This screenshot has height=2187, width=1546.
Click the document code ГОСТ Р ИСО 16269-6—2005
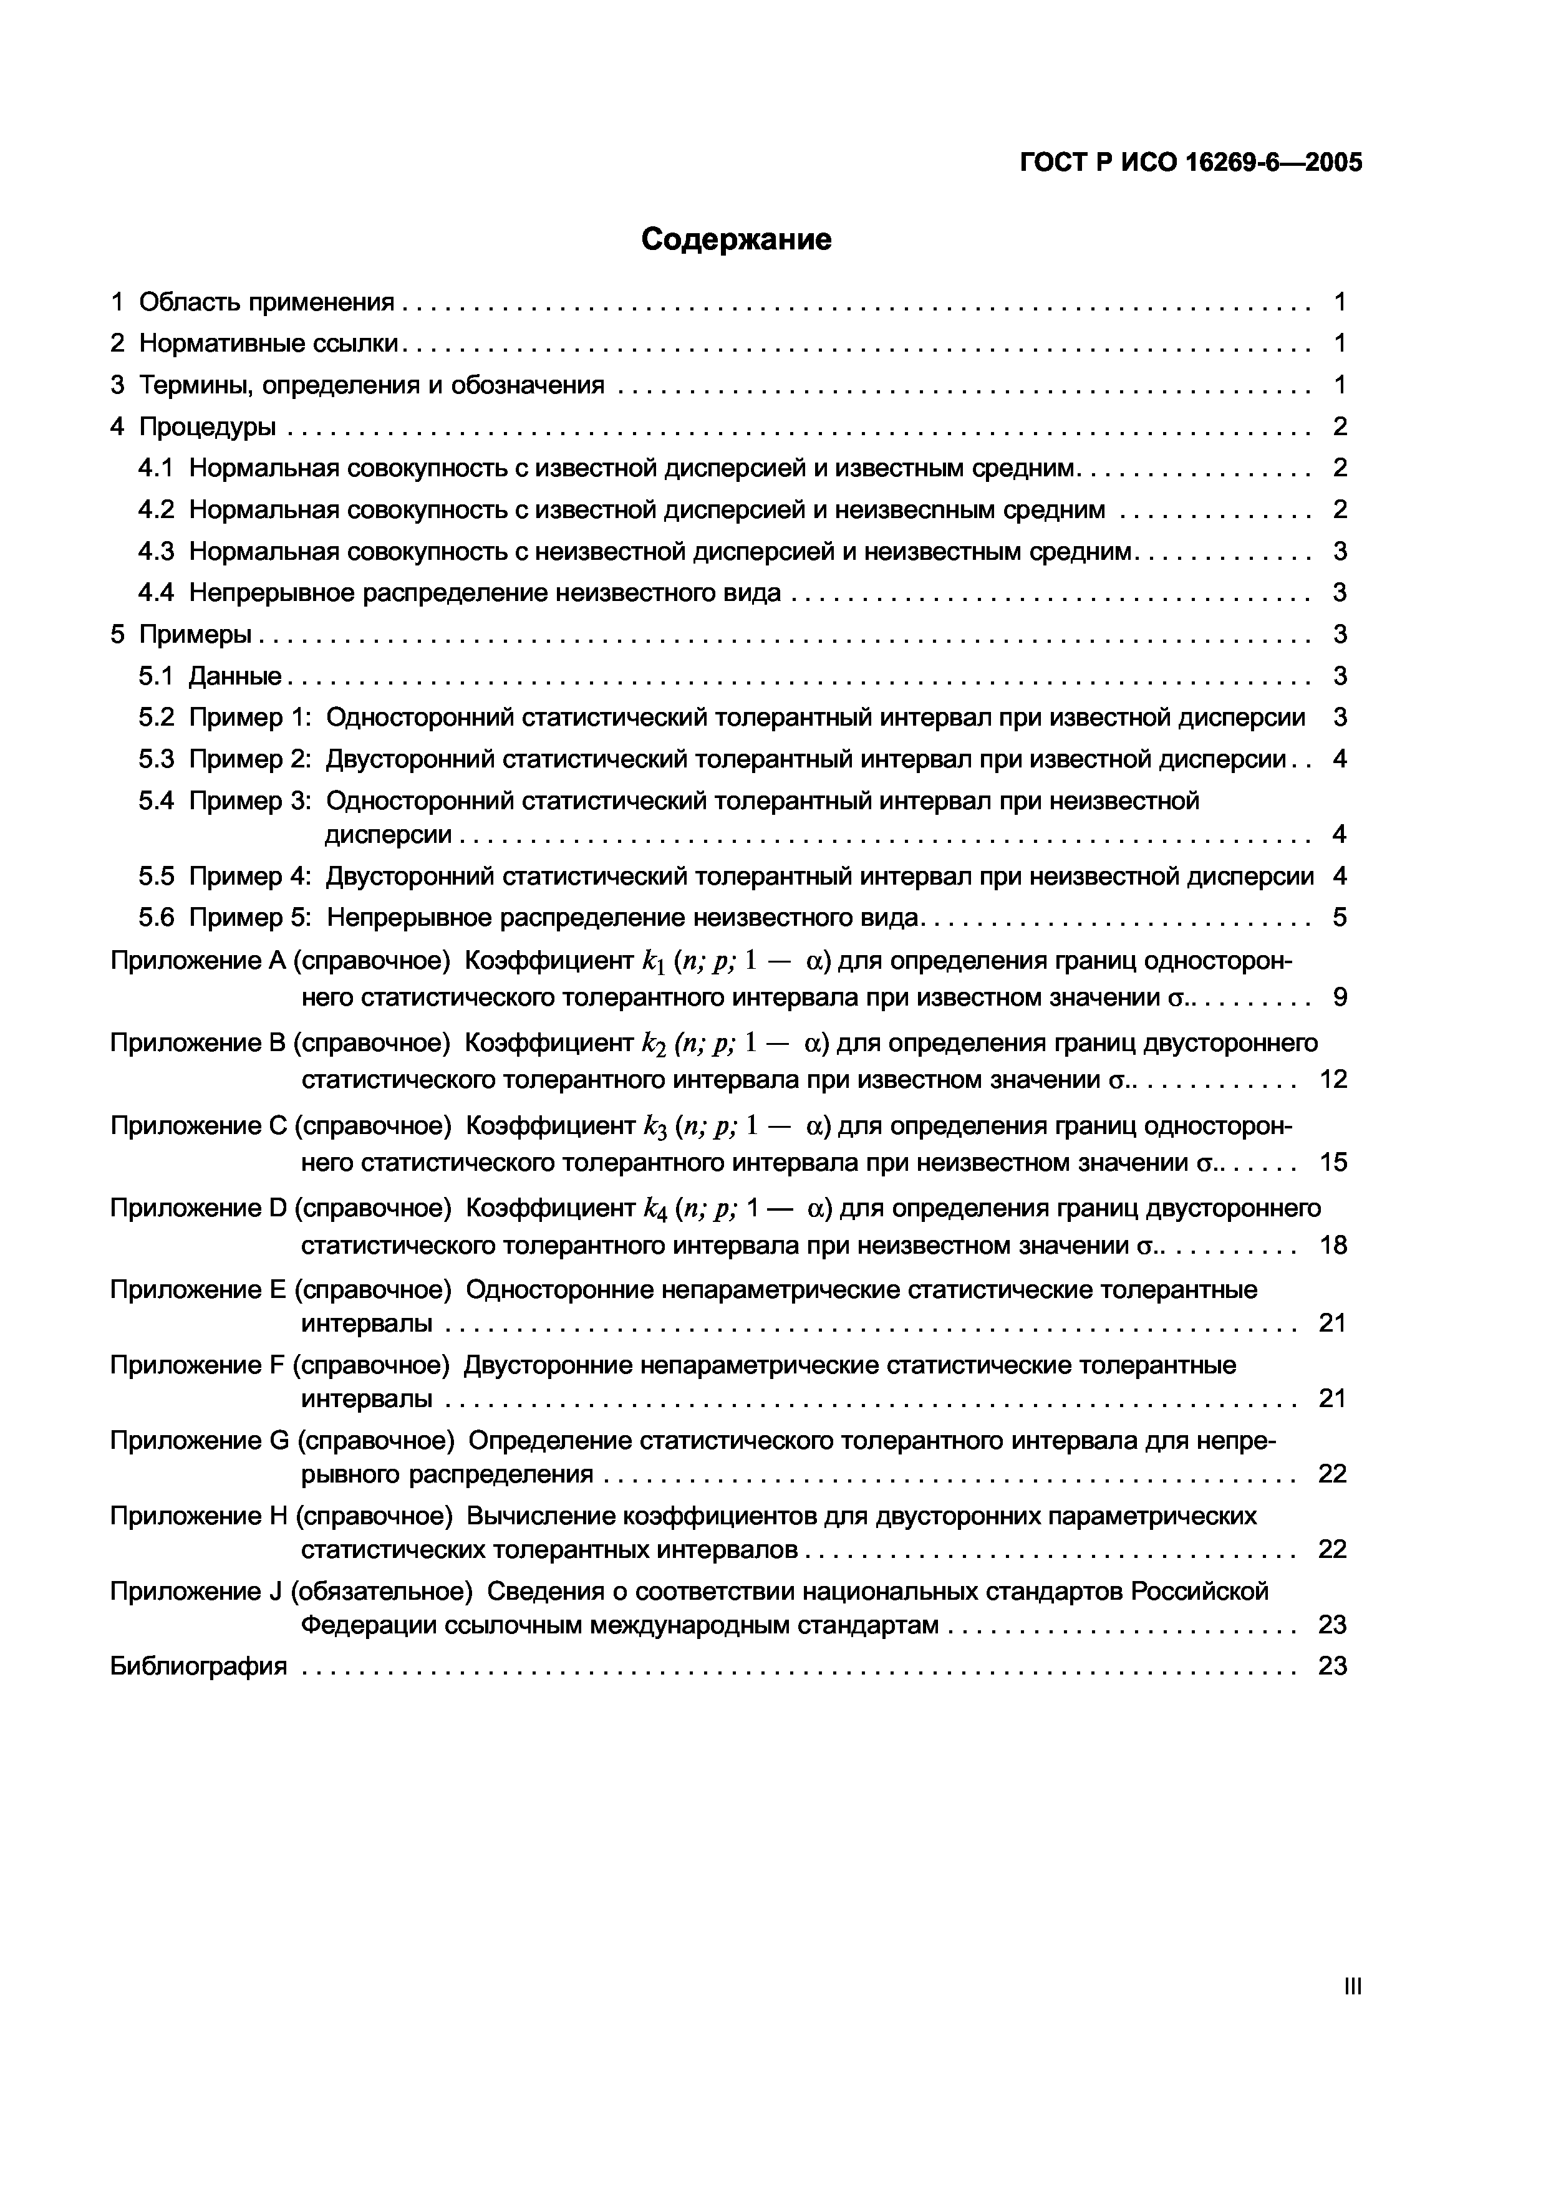click(1191, 163)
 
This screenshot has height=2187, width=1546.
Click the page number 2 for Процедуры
click(1340, 426)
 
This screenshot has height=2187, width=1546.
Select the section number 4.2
click(156, 509)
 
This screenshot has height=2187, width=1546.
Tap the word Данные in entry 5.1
click(235, 676)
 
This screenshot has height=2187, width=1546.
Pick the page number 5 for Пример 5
click(1340, 917)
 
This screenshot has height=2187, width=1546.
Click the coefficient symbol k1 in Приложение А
click(654, 961)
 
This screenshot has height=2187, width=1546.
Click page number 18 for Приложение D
click(1333, 1245)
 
